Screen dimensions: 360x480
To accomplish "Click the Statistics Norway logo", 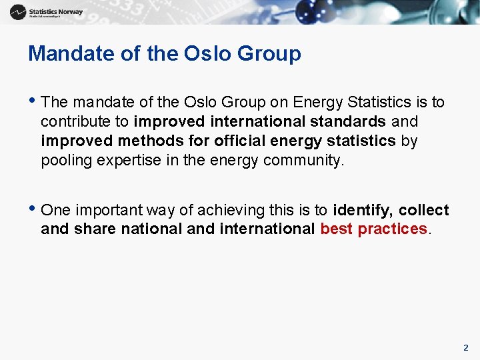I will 47,12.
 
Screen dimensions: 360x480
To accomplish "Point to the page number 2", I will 465,347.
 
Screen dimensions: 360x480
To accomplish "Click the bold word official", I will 239,141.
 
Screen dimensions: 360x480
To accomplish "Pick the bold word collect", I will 424,211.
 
